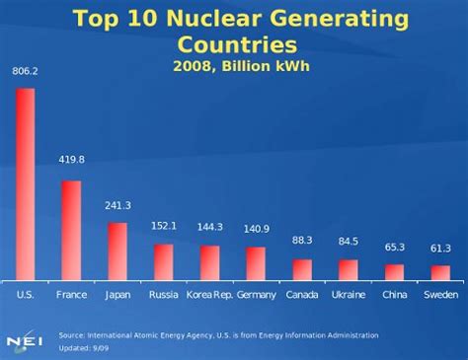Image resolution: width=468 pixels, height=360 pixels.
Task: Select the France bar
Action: (x=71, y=231)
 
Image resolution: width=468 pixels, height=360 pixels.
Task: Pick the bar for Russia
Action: (x=163, y=262)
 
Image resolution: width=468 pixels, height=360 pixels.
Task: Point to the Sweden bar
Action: (x=440, y=273)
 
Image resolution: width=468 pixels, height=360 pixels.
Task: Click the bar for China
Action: (x=394, y=272)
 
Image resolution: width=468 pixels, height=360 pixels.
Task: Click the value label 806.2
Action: (x=26, y=71)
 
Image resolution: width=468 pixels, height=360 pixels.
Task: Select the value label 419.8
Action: (x=71, y=159)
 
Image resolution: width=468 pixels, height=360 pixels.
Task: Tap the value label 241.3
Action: (x=117, y=205)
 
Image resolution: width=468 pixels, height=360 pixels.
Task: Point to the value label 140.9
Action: (x=256, y=229)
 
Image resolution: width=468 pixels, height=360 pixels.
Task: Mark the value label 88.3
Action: (x=302, y=240)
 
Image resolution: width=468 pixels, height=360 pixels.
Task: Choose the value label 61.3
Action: (x=440, y=248)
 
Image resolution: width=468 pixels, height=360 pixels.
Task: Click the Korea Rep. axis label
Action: (x=209, y=295)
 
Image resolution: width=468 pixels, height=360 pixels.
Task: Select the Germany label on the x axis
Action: (x=256, y=295)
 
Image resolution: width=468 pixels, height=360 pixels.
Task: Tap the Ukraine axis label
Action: (x=348, y=295)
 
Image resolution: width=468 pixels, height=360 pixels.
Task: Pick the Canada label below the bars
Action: (x=302, y=295)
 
